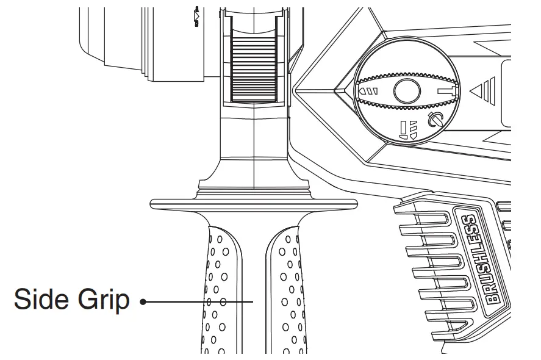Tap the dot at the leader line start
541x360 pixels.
click(143, 301)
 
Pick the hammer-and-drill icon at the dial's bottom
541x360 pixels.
click(405, 130)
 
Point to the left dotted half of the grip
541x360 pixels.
click(217, 287)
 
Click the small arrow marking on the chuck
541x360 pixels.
click(196, 16)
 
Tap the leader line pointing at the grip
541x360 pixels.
click(201, 301)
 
